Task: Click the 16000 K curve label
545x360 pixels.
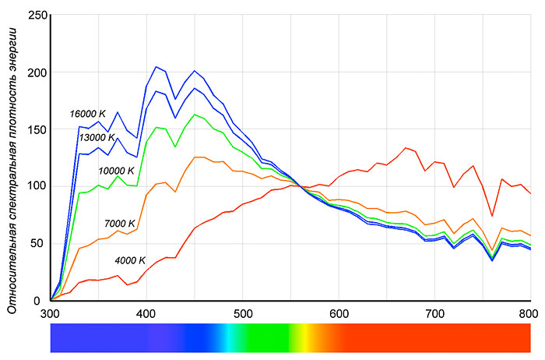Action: click(x=87, y=113)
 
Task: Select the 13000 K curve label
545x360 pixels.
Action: click(x=97, y=138)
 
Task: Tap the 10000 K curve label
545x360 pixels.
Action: click(x=116, y=171)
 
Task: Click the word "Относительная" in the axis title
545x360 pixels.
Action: click(x=12, y=269)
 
